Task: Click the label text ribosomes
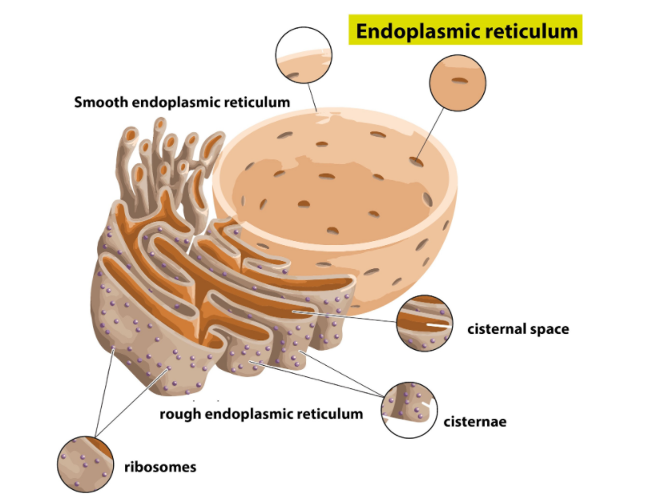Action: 159,466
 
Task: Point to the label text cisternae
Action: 475,421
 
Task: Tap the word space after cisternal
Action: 549,330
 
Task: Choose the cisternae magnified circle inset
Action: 409,409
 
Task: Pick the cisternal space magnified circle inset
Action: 424,322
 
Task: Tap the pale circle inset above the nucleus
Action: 304,54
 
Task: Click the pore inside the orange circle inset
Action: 458,80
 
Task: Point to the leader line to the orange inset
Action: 430,132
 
